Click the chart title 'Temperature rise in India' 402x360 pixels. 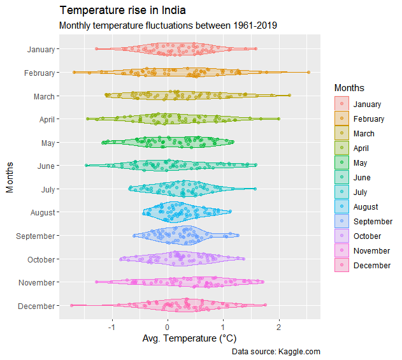tap(123, 11)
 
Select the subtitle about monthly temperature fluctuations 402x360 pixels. tap(168, 26)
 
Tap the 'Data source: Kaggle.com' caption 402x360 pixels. tap(276, 351)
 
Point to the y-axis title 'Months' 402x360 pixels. tap(10, 177)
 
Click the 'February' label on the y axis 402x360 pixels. tap(39, 73)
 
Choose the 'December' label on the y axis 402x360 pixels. tap(38, 306)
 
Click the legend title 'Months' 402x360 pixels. tap(349, 87)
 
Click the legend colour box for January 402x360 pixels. tap(341, 104)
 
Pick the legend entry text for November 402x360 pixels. tap(371, 251)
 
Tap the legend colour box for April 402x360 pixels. tap(341, 148)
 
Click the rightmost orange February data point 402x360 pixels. tap(309, 72)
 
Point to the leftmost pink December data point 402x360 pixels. tap(71, 305)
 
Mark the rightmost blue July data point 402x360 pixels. tap(255, 189)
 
